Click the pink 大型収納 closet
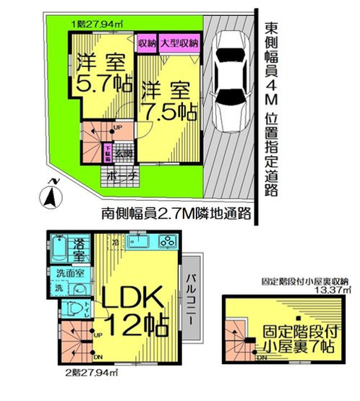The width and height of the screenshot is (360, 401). tap(179, 44)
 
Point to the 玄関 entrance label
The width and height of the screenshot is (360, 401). tap(125, 153)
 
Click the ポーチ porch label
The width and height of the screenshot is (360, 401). tap(116, 176)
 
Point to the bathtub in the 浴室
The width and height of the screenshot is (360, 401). tap(59, 249)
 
